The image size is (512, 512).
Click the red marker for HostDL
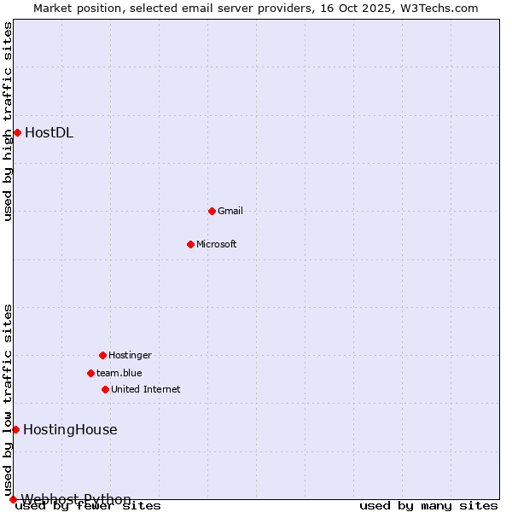[17, 132]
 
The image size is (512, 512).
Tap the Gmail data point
[212, 211]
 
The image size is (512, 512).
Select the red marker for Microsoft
[190, 244]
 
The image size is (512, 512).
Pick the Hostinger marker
[102, 355]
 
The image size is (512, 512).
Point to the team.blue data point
[90, 373]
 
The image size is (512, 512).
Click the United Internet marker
[105, 389]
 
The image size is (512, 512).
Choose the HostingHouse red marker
[15, 429]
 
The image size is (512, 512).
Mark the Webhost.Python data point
[13, 499]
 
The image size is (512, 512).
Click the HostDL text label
[49, 132]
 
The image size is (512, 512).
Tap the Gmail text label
[230, 211]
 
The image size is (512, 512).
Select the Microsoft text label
[217, 244]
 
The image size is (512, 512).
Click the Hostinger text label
[130, 355]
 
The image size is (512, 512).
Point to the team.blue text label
[119, 373]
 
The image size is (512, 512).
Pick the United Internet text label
[146, 389]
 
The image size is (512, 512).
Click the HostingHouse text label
[70, 429]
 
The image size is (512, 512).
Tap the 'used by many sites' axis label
[428, 505]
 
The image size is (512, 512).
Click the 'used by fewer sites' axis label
[88, 505]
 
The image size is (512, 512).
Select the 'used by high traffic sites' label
[9, 121]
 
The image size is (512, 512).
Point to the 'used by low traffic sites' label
[9, 399]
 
